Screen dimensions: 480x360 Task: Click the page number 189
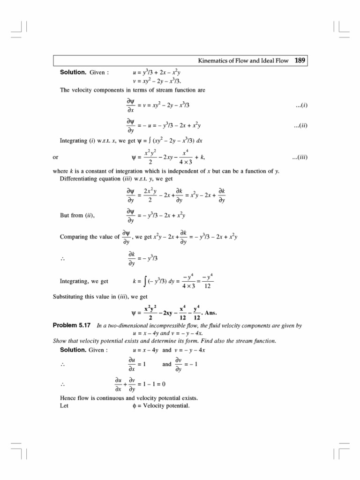pyautogui.click(x=300, y=60)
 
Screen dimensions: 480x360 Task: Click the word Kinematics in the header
pyautogui.click(x=214, y=61)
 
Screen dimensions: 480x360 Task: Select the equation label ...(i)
pyautogui.click(x=301, y=106)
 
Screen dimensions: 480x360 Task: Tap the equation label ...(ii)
pyautogui.click(x=300, y=126)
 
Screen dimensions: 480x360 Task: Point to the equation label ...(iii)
pyautogui.click(x=299, y=157)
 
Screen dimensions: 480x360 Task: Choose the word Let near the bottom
pyautogui.click(x=64, y=405)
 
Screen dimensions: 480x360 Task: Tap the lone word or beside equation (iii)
pyautogui.click(x=56, y=157)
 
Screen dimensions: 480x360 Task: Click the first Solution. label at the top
pyautogui.click(x=73, y=73)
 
